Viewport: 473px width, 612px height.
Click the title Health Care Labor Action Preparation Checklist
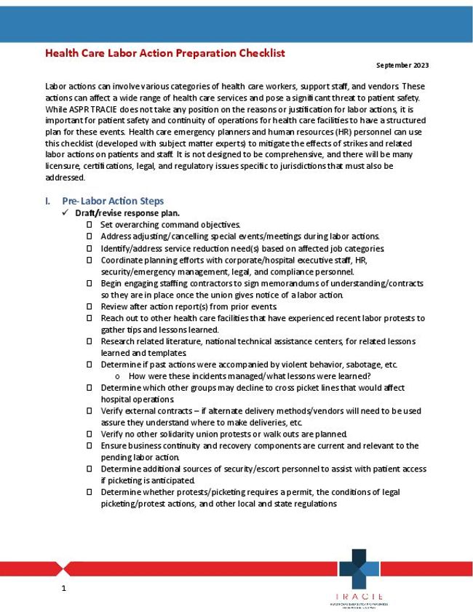coord(164,53)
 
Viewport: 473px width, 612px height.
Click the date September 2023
coord(402,65)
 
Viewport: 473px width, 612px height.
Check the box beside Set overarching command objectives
coord(89,225)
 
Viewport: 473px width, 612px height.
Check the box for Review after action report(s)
coord(89,306)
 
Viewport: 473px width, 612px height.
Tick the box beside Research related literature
coord(89,341)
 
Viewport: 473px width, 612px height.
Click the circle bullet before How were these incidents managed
coord(117,376)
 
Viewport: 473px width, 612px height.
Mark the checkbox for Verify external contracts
coord(89,411)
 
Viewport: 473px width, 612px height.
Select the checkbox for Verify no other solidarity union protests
coord(89,434)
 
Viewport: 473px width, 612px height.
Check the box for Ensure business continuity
coord(89,446)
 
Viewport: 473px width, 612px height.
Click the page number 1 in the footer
coord(64,587)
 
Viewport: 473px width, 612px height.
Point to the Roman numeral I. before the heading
coord(48,201)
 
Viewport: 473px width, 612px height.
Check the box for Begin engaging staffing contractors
coord(89,283)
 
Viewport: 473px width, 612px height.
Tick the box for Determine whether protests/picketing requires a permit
coord(89,493)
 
